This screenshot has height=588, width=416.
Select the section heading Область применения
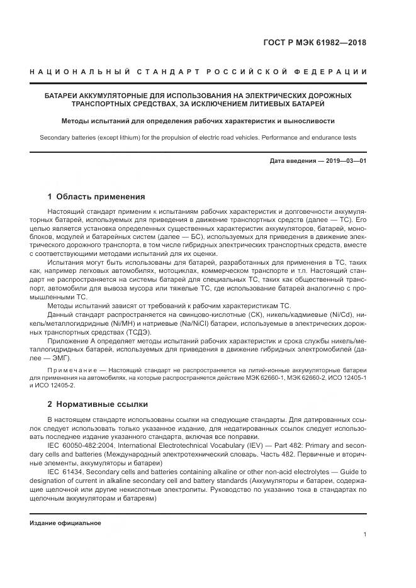pyautogui.click(x=101, y=196)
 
